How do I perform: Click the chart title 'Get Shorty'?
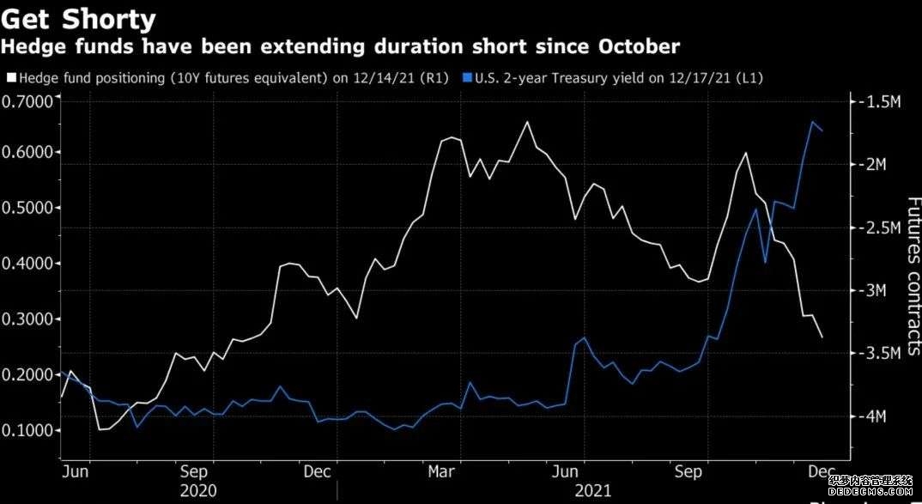(x=79, y=18)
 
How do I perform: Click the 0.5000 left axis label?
(x=27, y=208)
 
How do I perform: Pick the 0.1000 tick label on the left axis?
(x=27, y=430)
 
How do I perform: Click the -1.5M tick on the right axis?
(x=879, y=102)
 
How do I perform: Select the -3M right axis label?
(x=876, y=290)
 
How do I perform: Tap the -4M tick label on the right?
(x=876, y=416)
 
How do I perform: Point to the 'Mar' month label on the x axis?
(x=441, y=471)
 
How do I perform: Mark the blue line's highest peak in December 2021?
(x=812, y=122)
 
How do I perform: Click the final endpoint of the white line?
(x=822, y=337)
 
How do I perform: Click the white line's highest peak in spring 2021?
(x=526, y=122)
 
